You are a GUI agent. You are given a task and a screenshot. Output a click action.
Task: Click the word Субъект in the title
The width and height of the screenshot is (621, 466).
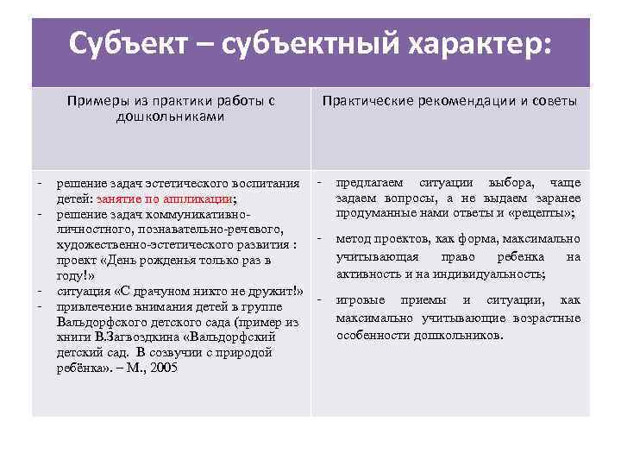point(127,43)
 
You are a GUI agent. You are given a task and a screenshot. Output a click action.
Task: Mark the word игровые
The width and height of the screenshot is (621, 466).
point(366,300)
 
